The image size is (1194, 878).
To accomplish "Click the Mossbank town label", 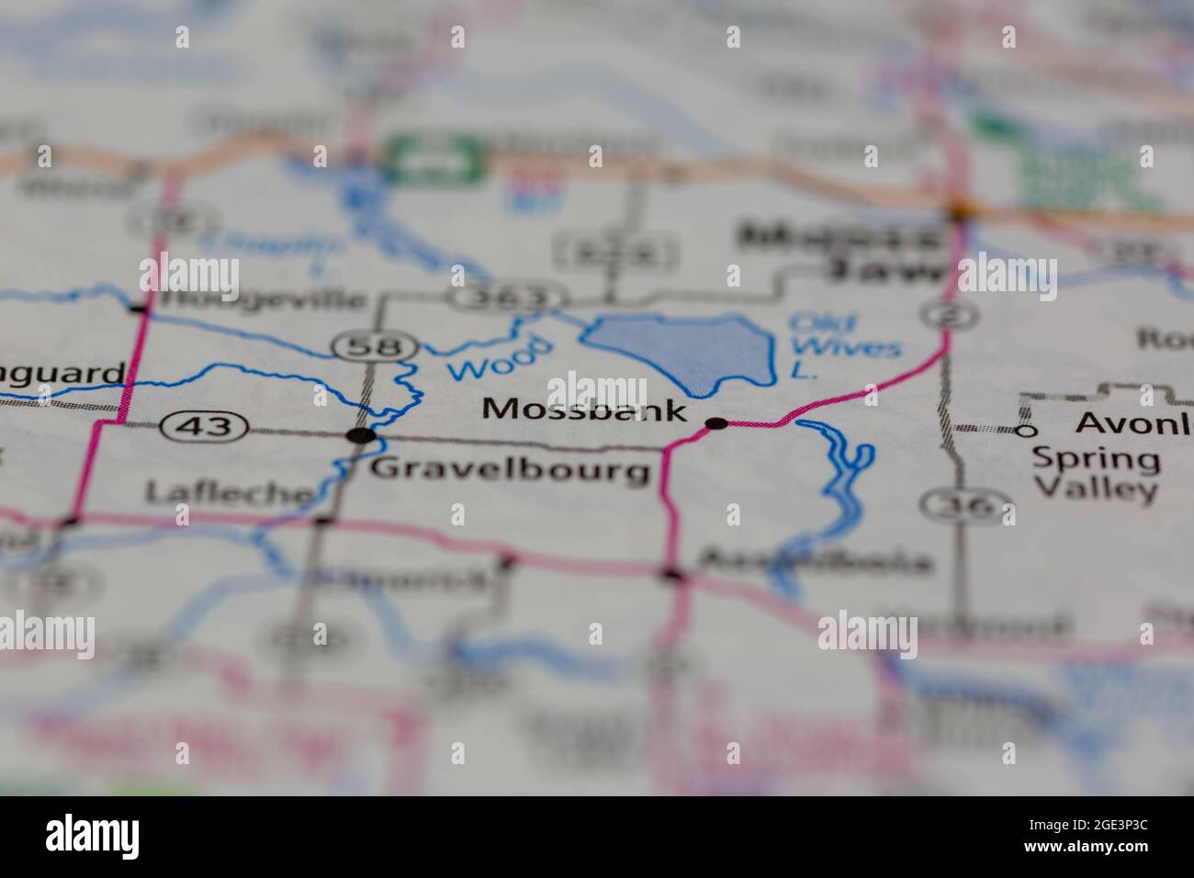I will click(x=583, y=410).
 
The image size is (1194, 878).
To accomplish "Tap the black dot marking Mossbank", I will click(x=716, y=423).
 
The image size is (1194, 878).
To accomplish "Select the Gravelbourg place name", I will click(x=510, y=470).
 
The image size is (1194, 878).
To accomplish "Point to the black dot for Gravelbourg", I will click(x=362, y=435).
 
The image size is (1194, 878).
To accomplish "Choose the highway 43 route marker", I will click(x=204, y=426).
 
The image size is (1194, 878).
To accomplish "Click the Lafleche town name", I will click(x=230, y=492).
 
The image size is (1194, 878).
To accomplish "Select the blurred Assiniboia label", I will click(x=816, y=560).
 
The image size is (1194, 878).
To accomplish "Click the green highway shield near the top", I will click(x=433, y=159).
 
